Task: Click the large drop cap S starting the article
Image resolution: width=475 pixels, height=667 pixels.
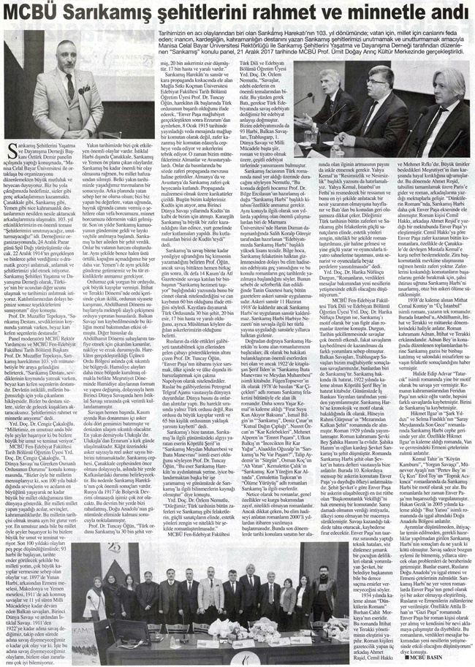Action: (x=11, y=131)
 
